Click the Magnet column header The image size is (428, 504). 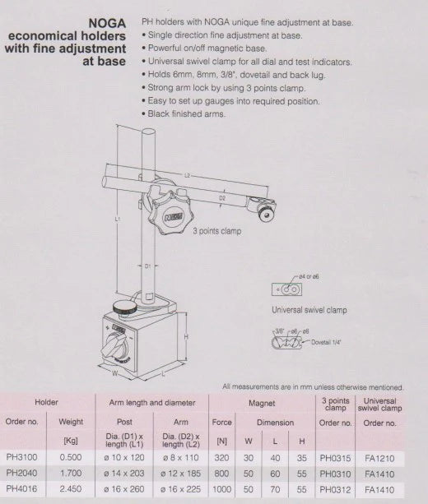[261, 403]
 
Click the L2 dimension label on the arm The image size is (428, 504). [187, 175]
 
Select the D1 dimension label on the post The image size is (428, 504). [146, 266]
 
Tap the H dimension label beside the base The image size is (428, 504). [188, 335]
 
